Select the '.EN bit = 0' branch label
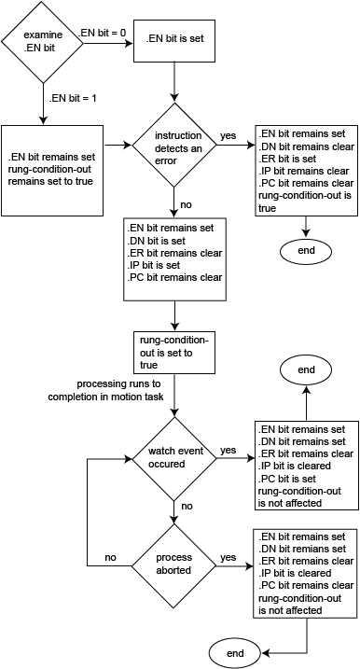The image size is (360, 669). coord(104,35)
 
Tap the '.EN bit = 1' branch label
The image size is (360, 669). coord(71,97)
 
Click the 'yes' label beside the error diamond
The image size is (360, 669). coord(228,136)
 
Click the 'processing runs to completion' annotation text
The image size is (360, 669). coord(108,391)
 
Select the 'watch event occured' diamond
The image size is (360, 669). coord(174,457)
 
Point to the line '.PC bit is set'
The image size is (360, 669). coord(291,479)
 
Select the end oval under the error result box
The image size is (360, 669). coord(307,251)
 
